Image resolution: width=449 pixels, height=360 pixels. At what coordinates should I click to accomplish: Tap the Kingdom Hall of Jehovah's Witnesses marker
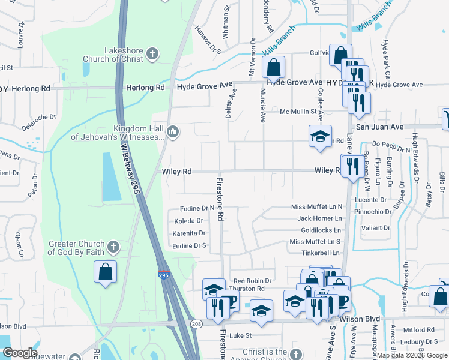click(x=173, y=131)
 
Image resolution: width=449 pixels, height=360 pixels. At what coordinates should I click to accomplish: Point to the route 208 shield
click(x=191, y=323)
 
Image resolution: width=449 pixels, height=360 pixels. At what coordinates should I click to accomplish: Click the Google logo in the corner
click(x=20, y=353)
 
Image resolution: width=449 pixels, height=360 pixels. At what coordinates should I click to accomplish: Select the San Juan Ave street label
click(x=379, y=127)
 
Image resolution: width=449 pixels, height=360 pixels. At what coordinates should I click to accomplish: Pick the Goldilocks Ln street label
click(x=321, y=230)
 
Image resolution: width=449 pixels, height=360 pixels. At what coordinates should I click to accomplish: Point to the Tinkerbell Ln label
click(x=320, y=253)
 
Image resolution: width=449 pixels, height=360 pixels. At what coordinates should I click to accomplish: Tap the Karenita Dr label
click(x=189, y=233)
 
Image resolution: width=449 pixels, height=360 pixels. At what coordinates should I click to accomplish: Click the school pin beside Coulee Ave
click(x=320, y=136)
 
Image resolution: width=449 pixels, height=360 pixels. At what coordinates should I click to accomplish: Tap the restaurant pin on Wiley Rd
click(x=350, y=164)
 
